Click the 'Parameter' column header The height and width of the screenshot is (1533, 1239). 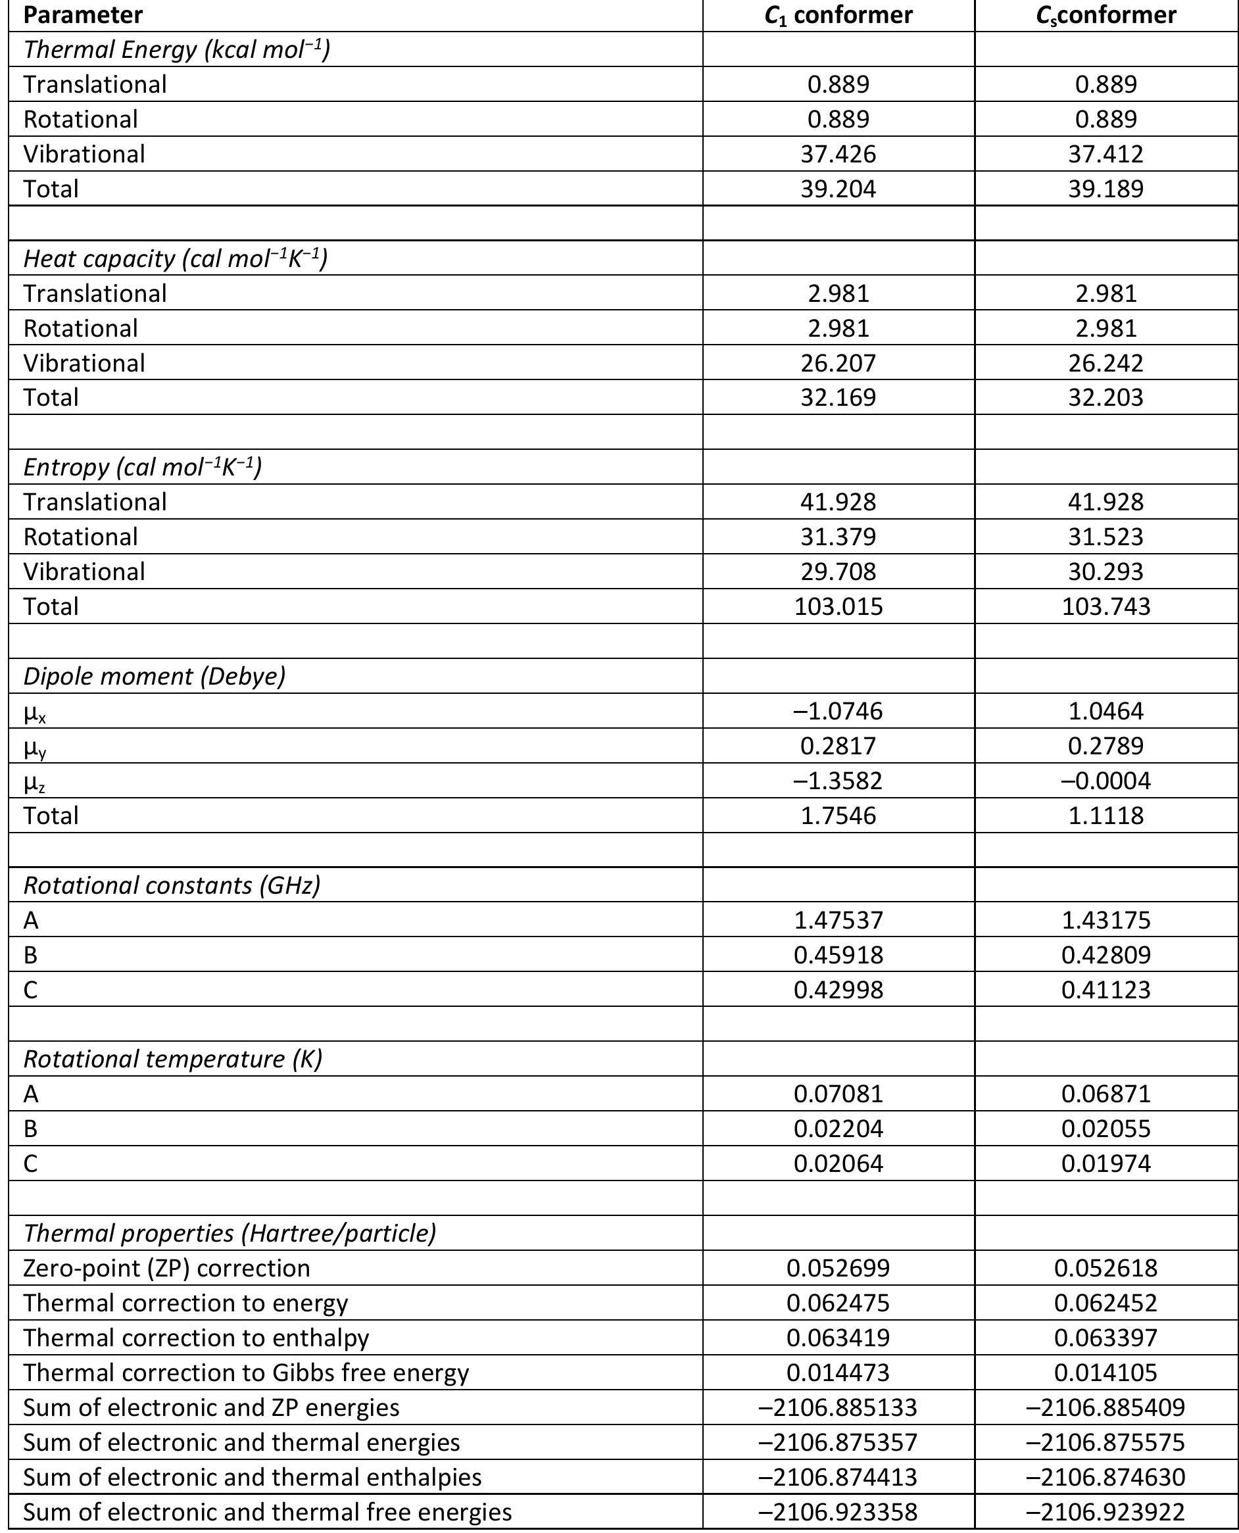83,15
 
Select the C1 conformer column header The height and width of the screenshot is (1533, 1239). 838,15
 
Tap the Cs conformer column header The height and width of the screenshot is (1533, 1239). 1105,15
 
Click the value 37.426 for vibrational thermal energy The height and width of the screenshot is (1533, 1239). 838,153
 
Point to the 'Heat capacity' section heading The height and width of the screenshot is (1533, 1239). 175,258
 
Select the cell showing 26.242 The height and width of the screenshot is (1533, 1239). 1105,362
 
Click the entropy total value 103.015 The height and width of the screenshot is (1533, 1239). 838,606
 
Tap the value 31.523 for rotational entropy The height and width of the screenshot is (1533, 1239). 1105,537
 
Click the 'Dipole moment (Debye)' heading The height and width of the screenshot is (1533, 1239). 154,675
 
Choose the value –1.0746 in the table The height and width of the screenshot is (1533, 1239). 838,711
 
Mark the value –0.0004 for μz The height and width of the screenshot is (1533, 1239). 1105,780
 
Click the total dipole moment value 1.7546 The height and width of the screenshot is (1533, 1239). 838,815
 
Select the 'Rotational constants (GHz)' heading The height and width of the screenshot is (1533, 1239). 172,885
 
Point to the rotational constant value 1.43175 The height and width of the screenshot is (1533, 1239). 1105,920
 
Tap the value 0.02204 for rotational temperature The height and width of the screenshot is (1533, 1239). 838,1129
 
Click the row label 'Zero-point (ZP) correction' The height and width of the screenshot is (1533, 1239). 166,1268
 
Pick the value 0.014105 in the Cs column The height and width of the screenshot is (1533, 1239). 1105,1373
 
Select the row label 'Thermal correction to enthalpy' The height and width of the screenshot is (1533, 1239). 195,1338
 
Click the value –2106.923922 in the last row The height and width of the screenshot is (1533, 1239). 1105,1511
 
